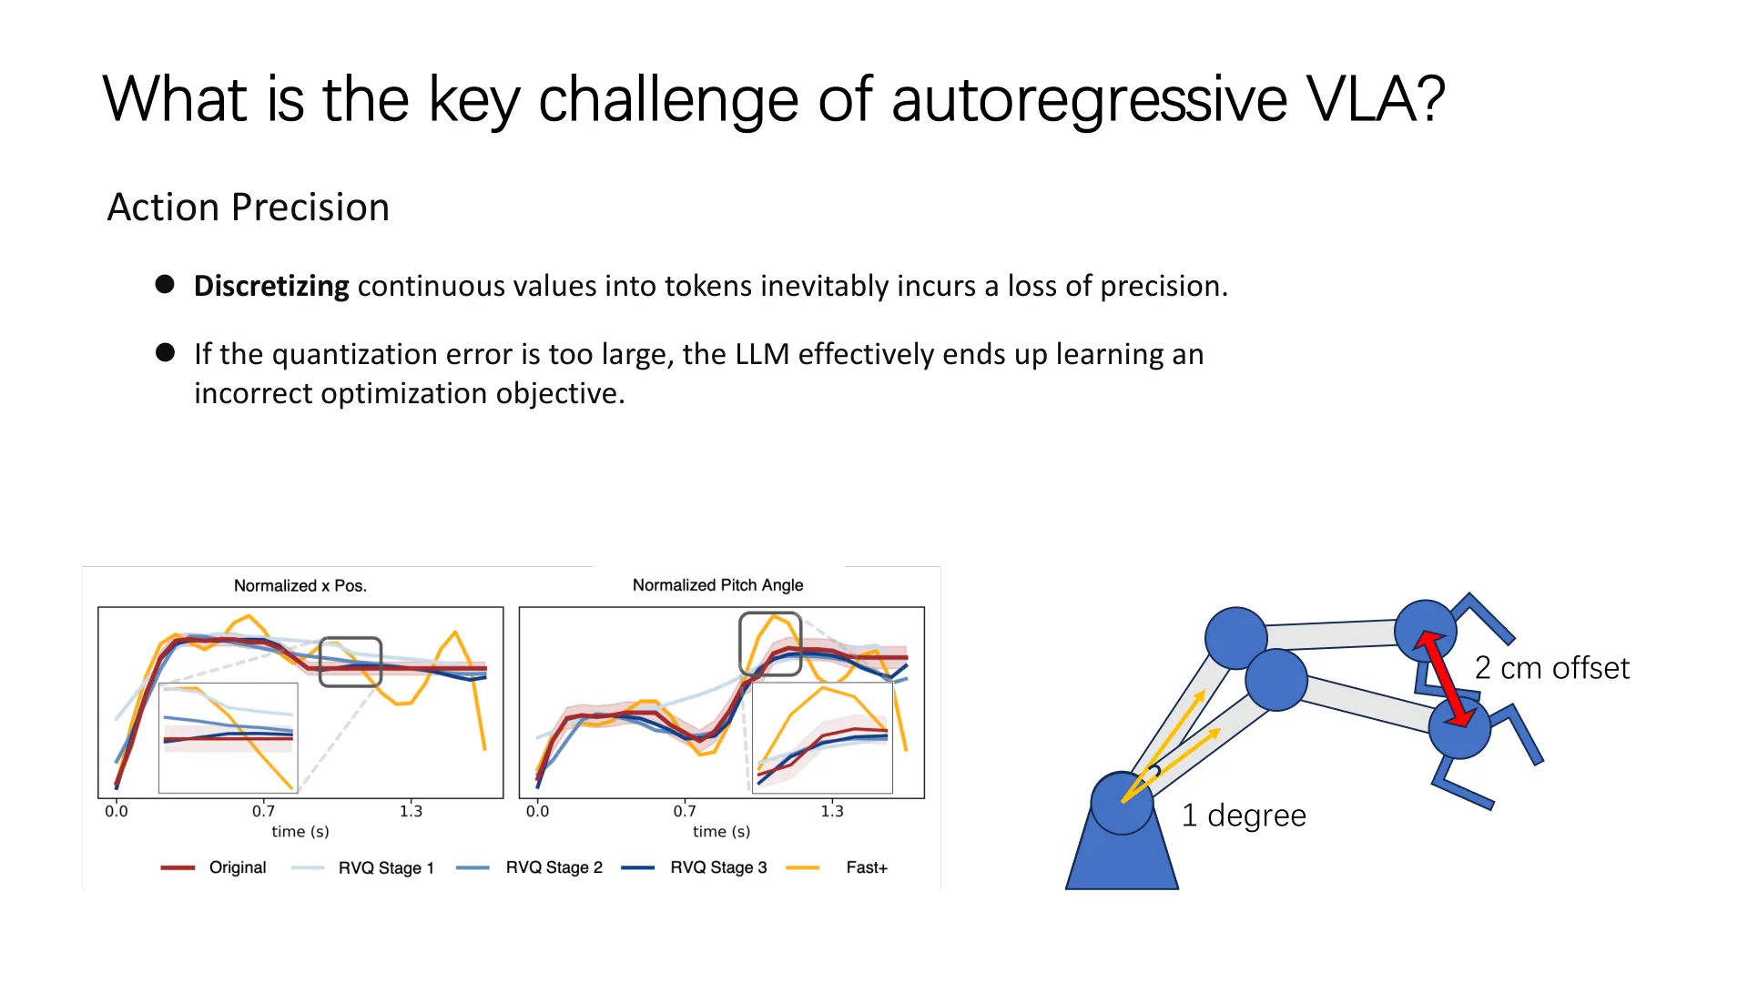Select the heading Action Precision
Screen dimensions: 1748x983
tap(249, 208)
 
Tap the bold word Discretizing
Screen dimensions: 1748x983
tap(271, 286)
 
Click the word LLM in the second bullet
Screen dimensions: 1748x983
tap(762, 354)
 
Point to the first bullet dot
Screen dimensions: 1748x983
tap(165, 284)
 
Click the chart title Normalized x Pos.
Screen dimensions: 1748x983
tap(300, 585)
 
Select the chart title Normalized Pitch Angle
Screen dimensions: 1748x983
tap(717, 585)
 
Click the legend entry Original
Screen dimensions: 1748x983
tap(238, 867)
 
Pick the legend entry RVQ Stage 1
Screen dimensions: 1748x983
tap(386, 867)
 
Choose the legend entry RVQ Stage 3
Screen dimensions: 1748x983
tap(718, 867)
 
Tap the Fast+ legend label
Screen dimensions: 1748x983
tap(867, 867)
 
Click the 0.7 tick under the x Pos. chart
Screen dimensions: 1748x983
tap(263, 811)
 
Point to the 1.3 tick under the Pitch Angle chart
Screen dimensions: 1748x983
tap(832, 811)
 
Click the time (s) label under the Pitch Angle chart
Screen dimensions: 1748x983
tap(721, 831)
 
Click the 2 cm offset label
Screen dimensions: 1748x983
tap(1552, 668)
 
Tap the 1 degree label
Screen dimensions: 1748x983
tap(1244, 816)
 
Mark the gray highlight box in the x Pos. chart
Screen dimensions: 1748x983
tap(351, 662)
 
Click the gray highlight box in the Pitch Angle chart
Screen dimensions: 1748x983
tap(770, 644)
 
